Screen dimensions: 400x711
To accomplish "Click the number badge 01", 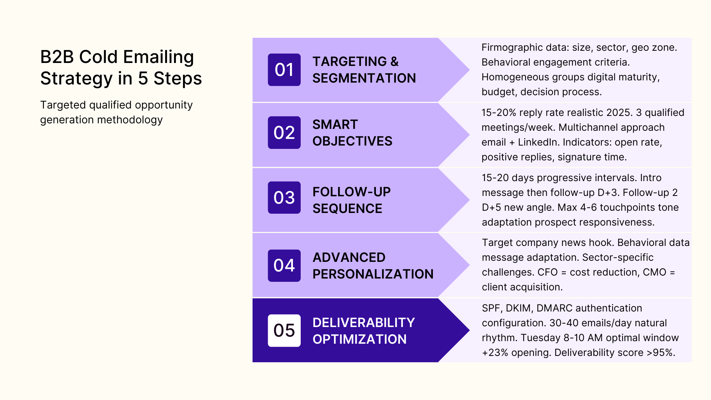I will click(284, 70).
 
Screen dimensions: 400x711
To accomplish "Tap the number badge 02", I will click(284, 133).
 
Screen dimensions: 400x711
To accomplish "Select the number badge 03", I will click(284, 197).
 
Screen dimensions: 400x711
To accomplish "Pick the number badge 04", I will click(284, 266).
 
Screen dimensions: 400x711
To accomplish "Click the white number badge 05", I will click(284, 330).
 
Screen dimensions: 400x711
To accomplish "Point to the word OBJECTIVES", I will click(352, 141).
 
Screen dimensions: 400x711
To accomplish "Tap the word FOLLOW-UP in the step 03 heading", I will click(351, 192).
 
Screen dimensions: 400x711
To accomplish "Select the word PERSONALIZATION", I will click(373, 274).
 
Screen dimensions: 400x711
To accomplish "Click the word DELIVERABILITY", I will click(364, 323).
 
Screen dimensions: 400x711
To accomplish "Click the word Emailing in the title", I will click(158, 57).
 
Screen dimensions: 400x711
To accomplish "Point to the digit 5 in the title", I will click(143, 79).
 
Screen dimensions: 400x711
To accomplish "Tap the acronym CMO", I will click(655, 272).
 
